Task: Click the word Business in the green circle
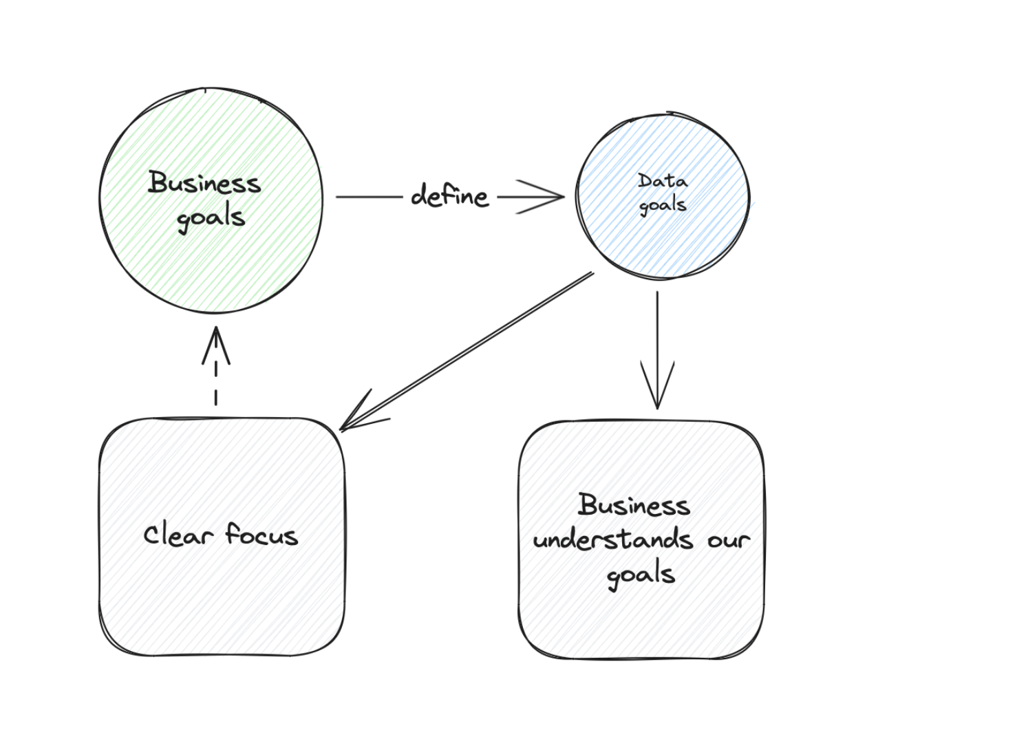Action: (x=204, y=183)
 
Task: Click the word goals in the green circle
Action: (x=211, y=218)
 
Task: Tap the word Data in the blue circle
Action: (x=662, y=181)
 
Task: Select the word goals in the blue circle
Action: (x=663, y=205)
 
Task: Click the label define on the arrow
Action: (x=449, y=196)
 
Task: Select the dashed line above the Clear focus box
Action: (x=216, y=383)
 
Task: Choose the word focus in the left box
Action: (x=261, y=535)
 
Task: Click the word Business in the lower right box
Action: (x=634, y=505)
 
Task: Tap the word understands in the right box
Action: (x=612, y=539)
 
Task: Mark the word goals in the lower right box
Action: (x=641, y=575)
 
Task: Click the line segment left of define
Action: (x=369, y=197)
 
